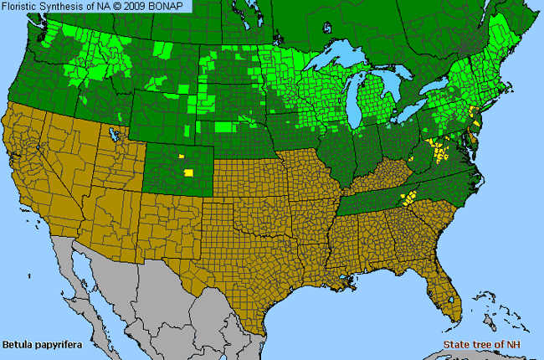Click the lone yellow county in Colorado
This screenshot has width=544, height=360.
(188, 172)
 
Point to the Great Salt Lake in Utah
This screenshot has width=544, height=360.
(111, 133)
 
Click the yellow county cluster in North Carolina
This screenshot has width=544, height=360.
(409, 198)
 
